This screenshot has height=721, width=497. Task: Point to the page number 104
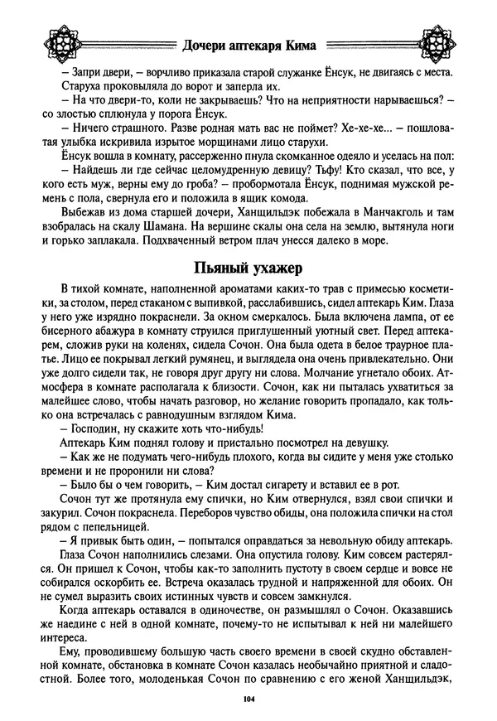tap(248, 701)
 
